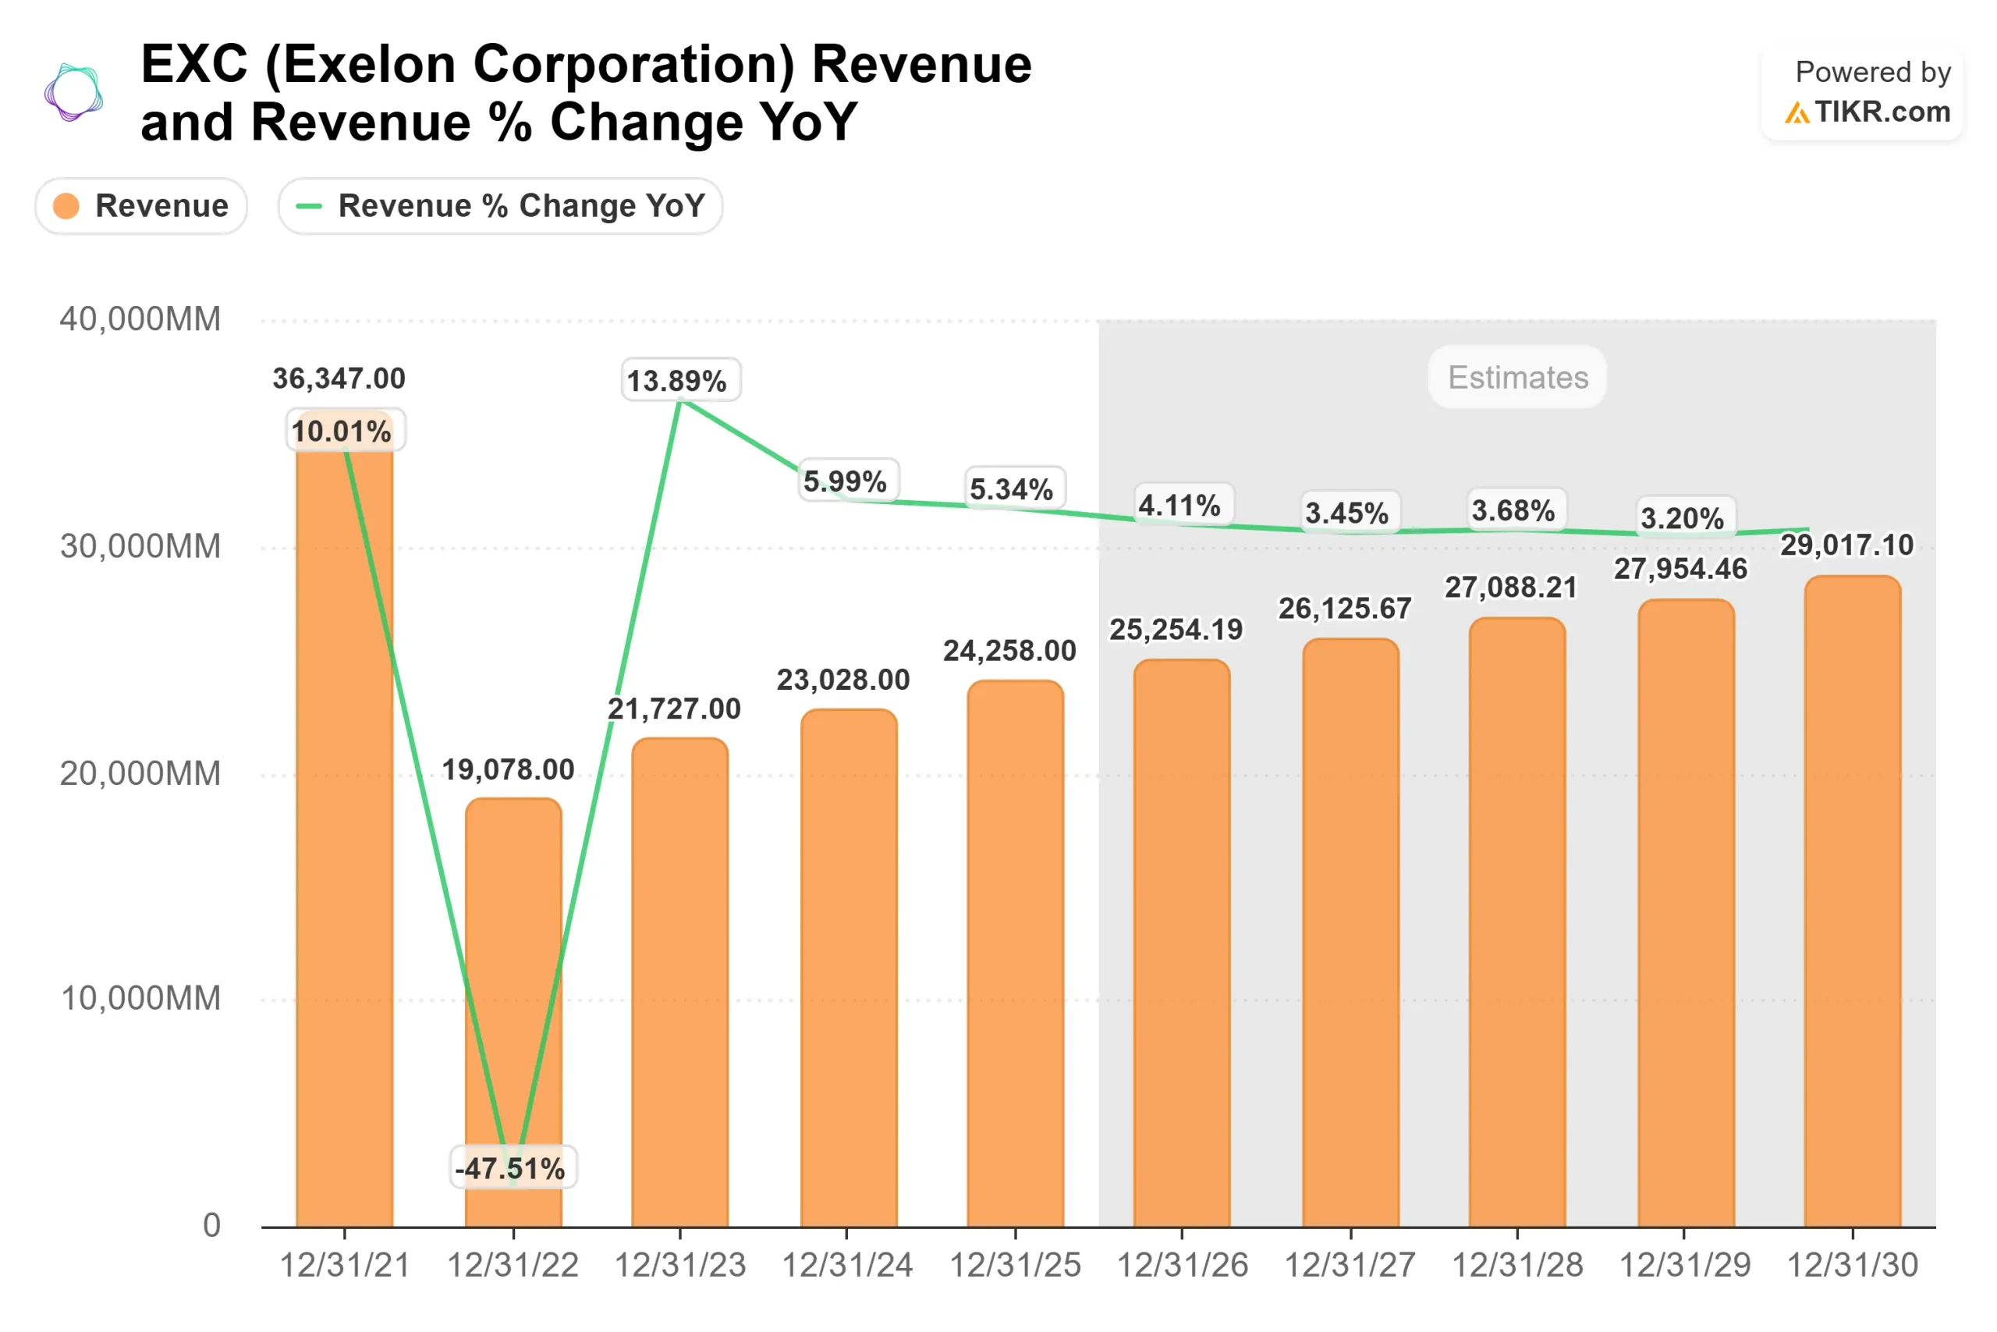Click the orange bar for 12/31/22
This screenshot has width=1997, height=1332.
tap(513, 977)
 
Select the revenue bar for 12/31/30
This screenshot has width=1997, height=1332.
tap(1852, 900)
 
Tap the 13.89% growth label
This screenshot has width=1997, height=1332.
tap(680, 381)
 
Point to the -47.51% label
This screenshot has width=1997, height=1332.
tap(512, 1168)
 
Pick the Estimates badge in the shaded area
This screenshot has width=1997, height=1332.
tap(1517, 377)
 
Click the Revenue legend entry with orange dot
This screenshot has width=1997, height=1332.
tap(141, 205)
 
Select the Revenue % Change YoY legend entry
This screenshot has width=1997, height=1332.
tap(500, 205)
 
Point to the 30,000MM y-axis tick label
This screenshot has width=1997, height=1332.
tap(140, 546)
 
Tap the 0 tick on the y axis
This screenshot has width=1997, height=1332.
tap(211, 1225)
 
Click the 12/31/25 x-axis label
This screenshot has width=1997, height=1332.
tap(1015, 1265)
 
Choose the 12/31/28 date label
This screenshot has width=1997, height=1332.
tap(1517, 1265)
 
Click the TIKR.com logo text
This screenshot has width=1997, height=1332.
tap(1882, 112)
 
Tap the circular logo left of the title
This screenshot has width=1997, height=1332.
tap(74, 92)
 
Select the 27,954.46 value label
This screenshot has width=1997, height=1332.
tap(1680, 569)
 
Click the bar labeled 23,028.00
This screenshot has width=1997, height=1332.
tap(848, 968)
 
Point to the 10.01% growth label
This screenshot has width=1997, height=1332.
tap(343, 431)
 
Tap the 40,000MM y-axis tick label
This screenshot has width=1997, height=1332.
tap(140, 319)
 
